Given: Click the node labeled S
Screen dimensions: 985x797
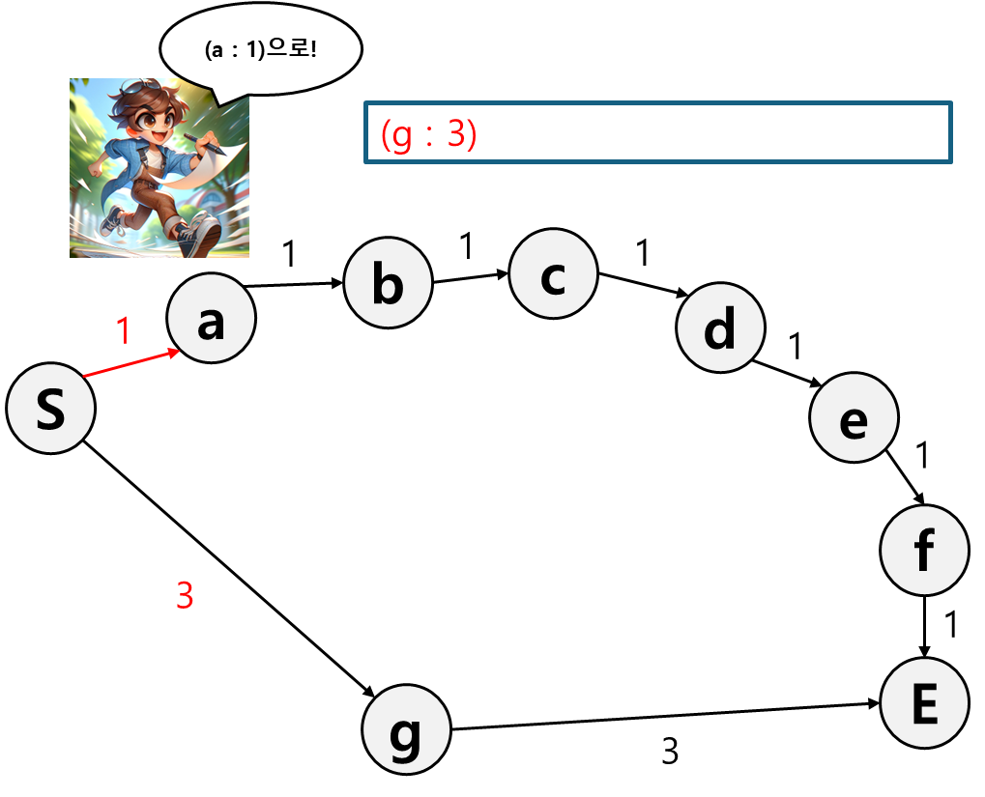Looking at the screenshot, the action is click(x=50, y=409).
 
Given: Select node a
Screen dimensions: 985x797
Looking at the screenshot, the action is click(x=211, y=319).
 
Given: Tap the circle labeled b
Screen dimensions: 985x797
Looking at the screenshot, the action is click(x=388, y=283).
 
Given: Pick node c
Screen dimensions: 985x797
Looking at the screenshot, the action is click(x=553, y=273).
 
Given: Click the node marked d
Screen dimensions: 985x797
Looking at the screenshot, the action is click(x=720, y=328).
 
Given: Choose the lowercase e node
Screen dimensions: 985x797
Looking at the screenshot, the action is click(x=854, y=418).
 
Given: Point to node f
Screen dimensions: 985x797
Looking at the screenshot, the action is click(x=924, y=550).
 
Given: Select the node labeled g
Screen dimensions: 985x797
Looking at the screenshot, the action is click(x=406, y=730).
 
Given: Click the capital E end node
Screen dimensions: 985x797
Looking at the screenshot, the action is click(x=924, y=703).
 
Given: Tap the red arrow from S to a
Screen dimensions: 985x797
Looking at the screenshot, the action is click(x=133, y=362).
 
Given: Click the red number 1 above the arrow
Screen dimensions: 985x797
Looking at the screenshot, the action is click(x=123, y=331).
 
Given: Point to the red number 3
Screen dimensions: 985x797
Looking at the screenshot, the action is click(x=185, y=596).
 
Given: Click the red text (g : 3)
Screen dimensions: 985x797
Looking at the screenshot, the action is click(x=429, y=135).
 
